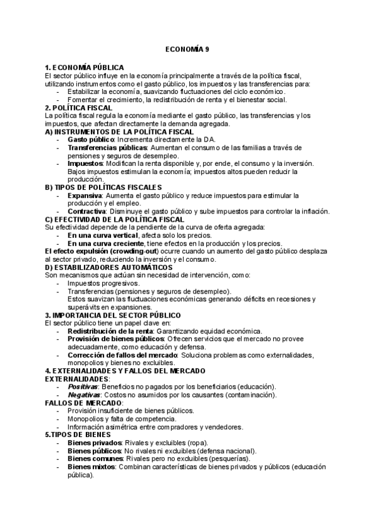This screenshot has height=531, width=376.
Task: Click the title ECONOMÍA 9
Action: tap(188, 49)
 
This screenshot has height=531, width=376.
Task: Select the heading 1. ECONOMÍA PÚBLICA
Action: tap(85, 68)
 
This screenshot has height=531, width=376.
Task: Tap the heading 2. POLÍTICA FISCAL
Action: tap(79, 108)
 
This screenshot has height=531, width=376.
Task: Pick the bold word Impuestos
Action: tap(85, 163)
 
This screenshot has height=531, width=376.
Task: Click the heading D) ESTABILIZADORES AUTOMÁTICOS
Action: tap(109, 267)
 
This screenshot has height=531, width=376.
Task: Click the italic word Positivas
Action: tap(85, 386)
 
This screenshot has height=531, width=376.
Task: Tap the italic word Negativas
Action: tap(86, 394)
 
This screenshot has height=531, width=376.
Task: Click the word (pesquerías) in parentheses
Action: tap(229, 458)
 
